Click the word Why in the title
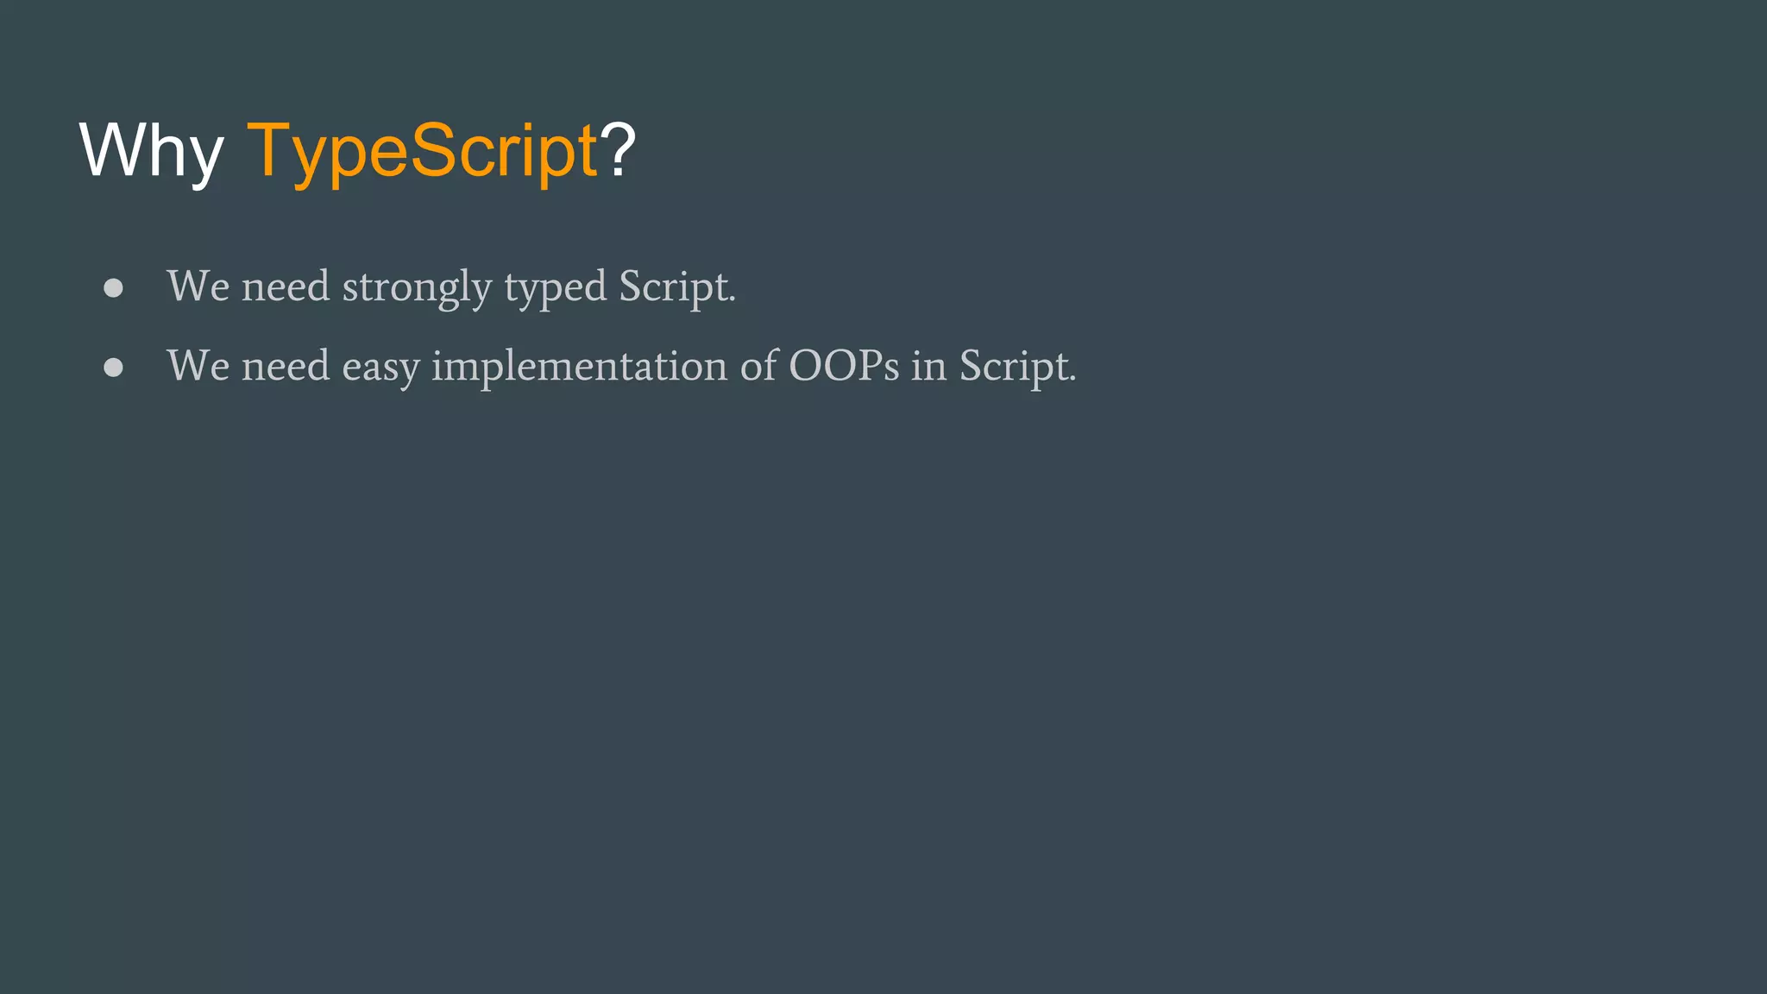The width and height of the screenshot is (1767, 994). pos(151,151)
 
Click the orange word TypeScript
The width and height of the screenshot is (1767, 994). pos(422,151)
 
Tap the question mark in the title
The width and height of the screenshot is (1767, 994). pos(618,149)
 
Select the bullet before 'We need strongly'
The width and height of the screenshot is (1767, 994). pos(113,288)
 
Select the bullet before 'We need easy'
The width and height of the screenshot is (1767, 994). pos(113,368)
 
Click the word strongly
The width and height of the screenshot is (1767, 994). pos(417,288)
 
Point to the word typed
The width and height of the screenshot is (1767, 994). pos(555,288)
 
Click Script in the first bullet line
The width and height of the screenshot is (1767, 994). pos(676,286)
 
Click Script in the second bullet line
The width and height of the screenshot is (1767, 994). pos(1017,366)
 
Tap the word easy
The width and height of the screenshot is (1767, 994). pos(380,368)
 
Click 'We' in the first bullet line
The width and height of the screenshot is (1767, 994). pos(198,286)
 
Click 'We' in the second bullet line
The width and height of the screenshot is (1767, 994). pos(198,366)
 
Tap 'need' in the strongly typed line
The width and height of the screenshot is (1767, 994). pos(286,286)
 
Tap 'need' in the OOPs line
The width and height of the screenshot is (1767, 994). pos(286,366)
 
